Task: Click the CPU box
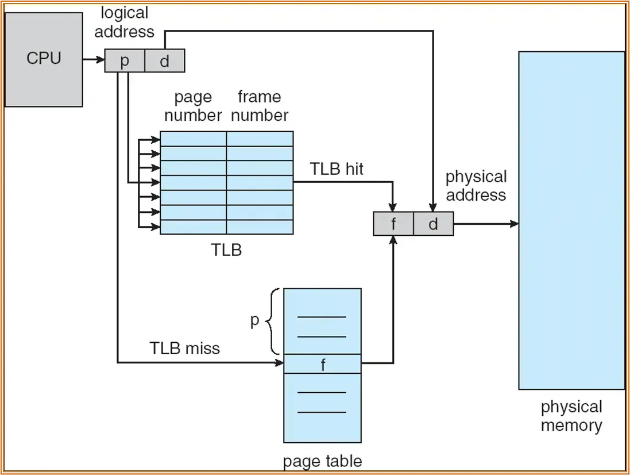44,59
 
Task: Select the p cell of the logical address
125,61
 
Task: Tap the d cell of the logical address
165,61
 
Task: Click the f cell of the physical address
393,224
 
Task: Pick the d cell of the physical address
433,224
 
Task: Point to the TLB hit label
337,169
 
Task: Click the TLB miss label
185,348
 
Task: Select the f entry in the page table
323,364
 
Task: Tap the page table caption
323,461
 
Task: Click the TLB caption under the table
227,250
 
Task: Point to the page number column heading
193,106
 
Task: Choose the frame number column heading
260,106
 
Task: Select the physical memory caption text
571,416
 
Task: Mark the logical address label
125,22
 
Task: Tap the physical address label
476,185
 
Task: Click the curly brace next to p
275,321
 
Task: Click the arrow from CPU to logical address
94,59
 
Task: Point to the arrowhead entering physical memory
515,224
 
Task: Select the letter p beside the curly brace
255,321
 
